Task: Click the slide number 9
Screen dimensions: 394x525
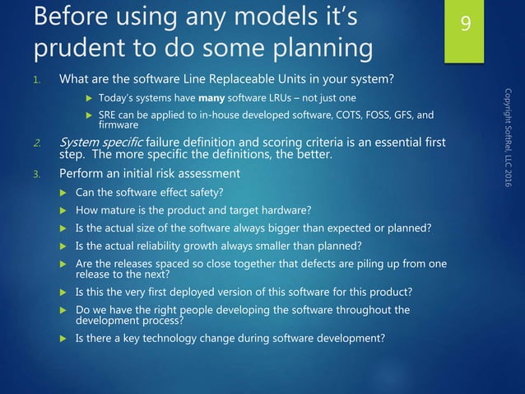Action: tap(466, 25)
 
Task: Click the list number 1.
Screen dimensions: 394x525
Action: tap(37, 81)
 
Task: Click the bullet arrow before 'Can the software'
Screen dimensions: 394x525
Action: tap(64, 193)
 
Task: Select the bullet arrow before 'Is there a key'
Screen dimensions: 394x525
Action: tap(64, 337)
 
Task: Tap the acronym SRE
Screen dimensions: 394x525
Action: tap(121, 115)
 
